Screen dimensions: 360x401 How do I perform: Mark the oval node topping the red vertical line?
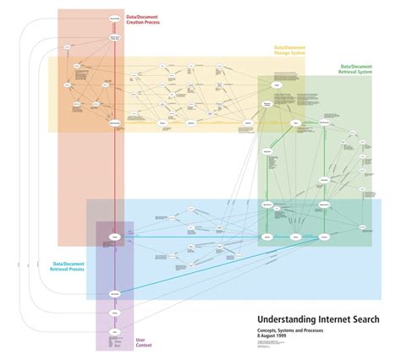click(x=115, y=18)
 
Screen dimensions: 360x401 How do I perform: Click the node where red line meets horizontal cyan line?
click(x=115, y=237)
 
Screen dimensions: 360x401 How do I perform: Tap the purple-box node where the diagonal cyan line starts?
click(x=115, y=293)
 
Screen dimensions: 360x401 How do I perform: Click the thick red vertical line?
click(x=115, y=169)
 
